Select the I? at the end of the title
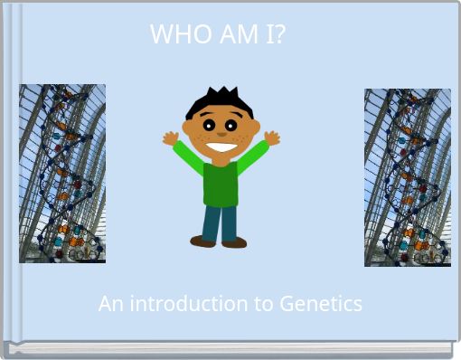275,34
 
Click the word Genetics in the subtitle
321,304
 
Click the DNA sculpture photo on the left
62,173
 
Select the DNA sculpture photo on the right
407,176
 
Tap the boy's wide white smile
221,145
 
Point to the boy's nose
221,133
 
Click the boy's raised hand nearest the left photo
170,138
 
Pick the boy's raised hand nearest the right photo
271,138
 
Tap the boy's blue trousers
220,222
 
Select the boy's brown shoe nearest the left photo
202,242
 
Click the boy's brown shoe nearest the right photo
234,242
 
